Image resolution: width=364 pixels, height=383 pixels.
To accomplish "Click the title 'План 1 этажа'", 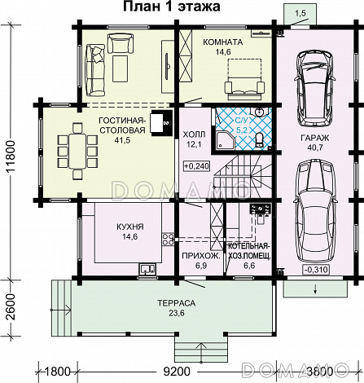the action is (x=172, y=7).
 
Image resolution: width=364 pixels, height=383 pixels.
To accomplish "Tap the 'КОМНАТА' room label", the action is (x=223, y=42).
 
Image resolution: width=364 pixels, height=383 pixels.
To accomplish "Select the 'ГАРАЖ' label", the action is (x=315, y=138).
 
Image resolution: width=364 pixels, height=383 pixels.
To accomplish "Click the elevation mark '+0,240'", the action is (x=197, y=165).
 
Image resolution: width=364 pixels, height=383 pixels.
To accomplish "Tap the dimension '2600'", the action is (x=11, y=306).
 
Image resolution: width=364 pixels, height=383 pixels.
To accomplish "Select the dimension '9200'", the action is (x=177, y=372).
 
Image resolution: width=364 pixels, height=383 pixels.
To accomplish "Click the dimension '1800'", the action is (x=57, y=372).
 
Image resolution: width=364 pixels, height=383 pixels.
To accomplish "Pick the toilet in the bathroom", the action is (x=260, y=140).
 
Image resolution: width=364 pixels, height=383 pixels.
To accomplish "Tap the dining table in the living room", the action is (x=77, y=151).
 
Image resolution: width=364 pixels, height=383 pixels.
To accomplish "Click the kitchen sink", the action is (x=147, y=269).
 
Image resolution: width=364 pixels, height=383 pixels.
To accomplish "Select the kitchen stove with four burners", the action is (x=168, y=240).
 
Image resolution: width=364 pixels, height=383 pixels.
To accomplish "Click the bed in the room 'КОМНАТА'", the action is (x=244, y=78).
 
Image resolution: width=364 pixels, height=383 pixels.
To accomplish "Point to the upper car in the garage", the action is (x=315, y=87).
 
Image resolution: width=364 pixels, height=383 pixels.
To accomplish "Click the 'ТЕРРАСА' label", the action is (x=177, y=303).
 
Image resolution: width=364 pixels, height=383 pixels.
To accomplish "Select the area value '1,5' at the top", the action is (x=300, y=14).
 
